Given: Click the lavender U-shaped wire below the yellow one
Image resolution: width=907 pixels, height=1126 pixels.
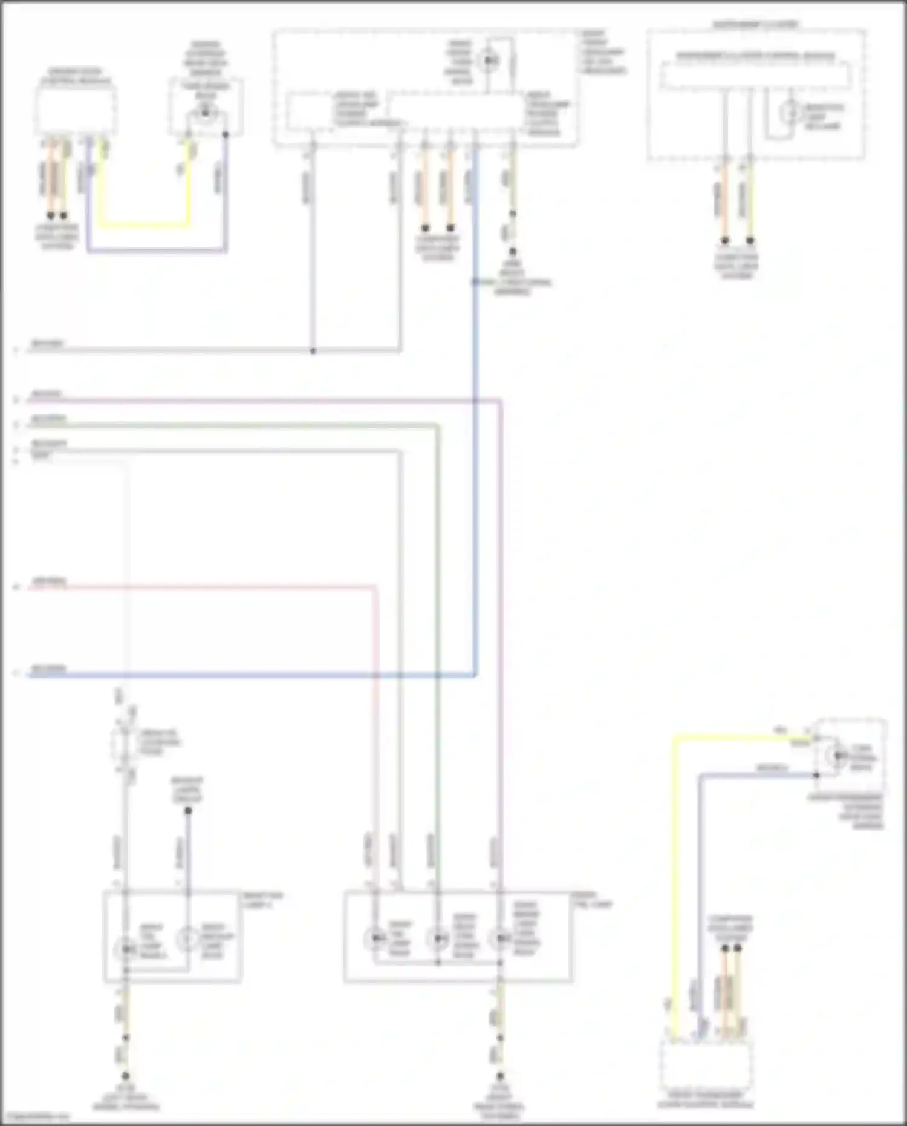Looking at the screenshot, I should click(x=157, y=250).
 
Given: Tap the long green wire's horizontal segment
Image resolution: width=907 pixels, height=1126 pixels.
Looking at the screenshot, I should click(x=242, y=427).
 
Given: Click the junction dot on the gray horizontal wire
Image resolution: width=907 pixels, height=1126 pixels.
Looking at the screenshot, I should click(x=313, y=351).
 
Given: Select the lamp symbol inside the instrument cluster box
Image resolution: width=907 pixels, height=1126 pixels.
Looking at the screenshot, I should click(x=790, y=113).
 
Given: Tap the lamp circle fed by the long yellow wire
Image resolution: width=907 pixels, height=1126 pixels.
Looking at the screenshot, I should click(x=837, y=755).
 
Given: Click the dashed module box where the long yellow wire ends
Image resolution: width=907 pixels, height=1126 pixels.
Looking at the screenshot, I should click(x=706, y=1065).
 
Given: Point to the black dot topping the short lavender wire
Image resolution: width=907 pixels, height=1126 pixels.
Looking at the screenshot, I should click(x=188, y=811).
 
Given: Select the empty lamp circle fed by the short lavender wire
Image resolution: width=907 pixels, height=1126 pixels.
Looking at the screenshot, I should click(x=187, y=938).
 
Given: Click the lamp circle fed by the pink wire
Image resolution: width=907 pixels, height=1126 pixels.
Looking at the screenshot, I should click(x=375, y=938).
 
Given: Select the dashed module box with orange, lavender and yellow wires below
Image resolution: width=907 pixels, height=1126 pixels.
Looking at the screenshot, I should click(x=76, y=110).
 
